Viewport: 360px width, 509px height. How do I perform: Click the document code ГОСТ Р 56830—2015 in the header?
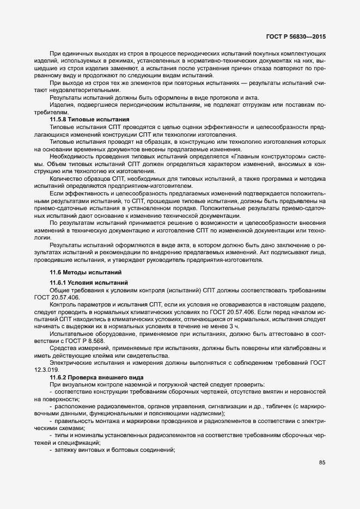point(295,36)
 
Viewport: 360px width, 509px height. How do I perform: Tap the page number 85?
point(322,463)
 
